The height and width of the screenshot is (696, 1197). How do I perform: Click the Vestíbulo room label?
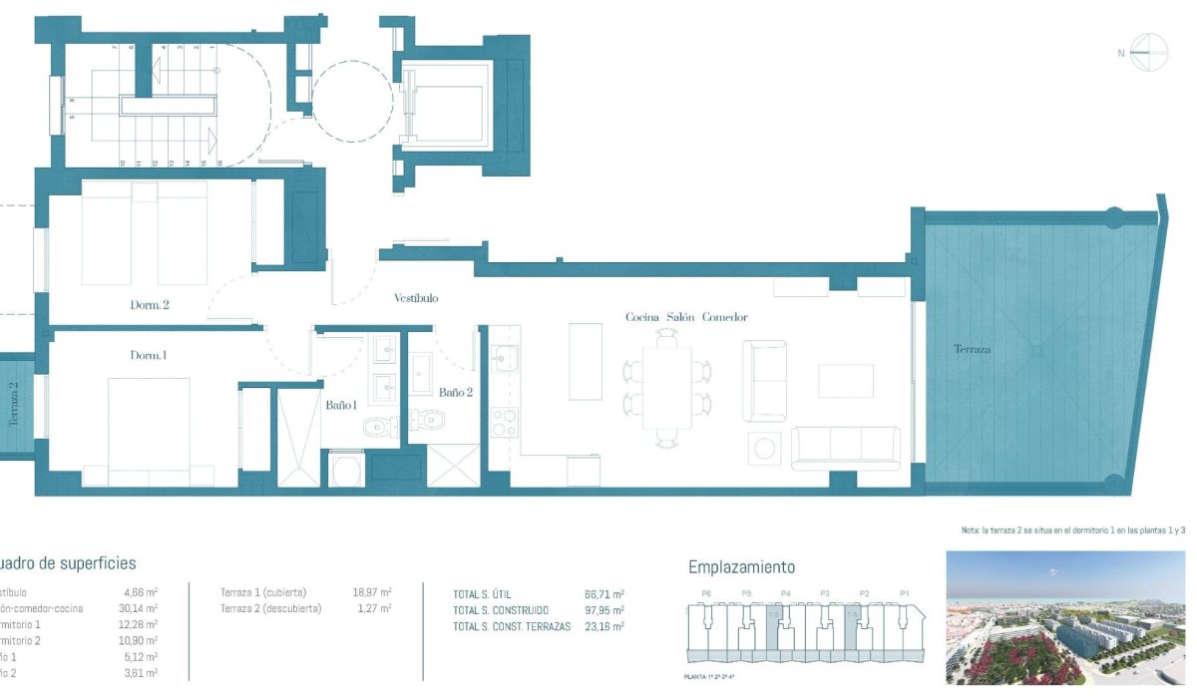click(416, 298)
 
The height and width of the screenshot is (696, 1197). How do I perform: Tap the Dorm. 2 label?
click(150, 305)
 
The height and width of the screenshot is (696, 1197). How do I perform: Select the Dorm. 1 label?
click(149, 356)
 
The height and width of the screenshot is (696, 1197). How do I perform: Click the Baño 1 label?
click(340, 405)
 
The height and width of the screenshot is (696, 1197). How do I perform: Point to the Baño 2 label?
click(455, 392)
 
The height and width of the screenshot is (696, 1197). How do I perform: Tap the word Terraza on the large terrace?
click(972, 350)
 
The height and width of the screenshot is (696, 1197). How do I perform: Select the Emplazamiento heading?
click(741, 567)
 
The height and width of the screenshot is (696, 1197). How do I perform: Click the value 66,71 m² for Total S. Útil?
click(604, 594)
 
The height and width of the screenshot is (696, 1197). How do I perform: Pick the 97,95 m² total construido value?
click(604, 610)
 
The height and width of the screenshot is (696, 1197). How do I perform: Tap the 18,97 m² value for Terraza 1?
click(372, 592)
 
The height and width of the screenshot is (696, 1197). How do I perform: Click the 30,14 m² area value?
click(140, 608)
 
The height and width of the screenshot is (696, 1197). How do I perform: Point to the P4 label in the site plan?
click(786, 594)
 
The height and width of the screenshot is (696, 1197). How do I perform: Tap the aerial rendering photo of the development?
click(1064, 618)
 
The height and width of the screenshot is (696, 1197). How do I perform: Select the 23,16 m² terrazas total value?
click(604, 626)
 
